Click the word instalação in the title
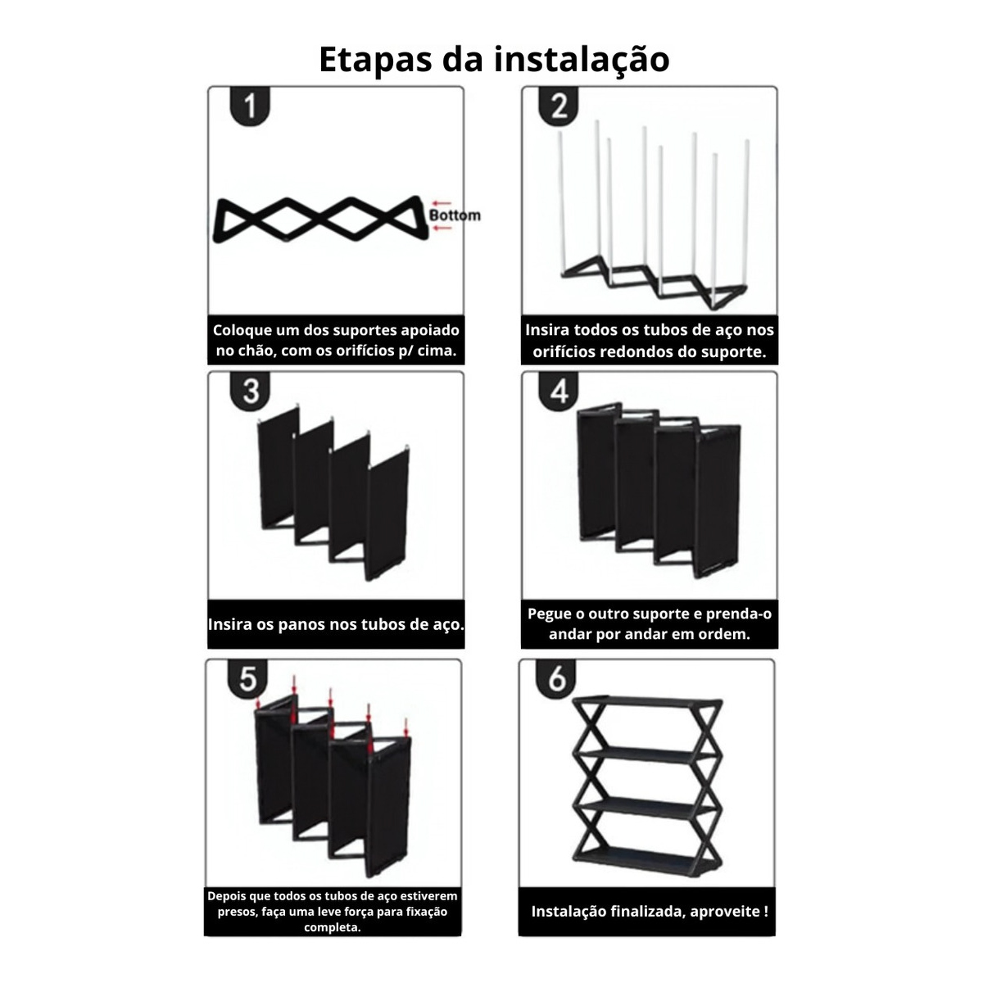point(582,60)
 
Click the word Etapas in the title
point(376,60)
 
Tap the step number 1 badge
point(250,106)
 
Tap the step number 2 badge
point(559,106)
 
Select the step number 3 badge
point(250,392)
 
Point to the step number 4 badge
point(559,392)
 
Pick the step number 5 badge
point(247,679)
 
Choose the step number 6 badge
point(556,679)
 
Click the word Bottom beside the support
point(455,215)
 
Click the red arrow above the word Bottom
point(442,203)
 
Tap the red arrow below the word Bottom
point(442,228)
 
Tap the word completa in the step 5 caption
point(332,926)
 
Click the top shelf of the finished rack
point(648,700)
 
